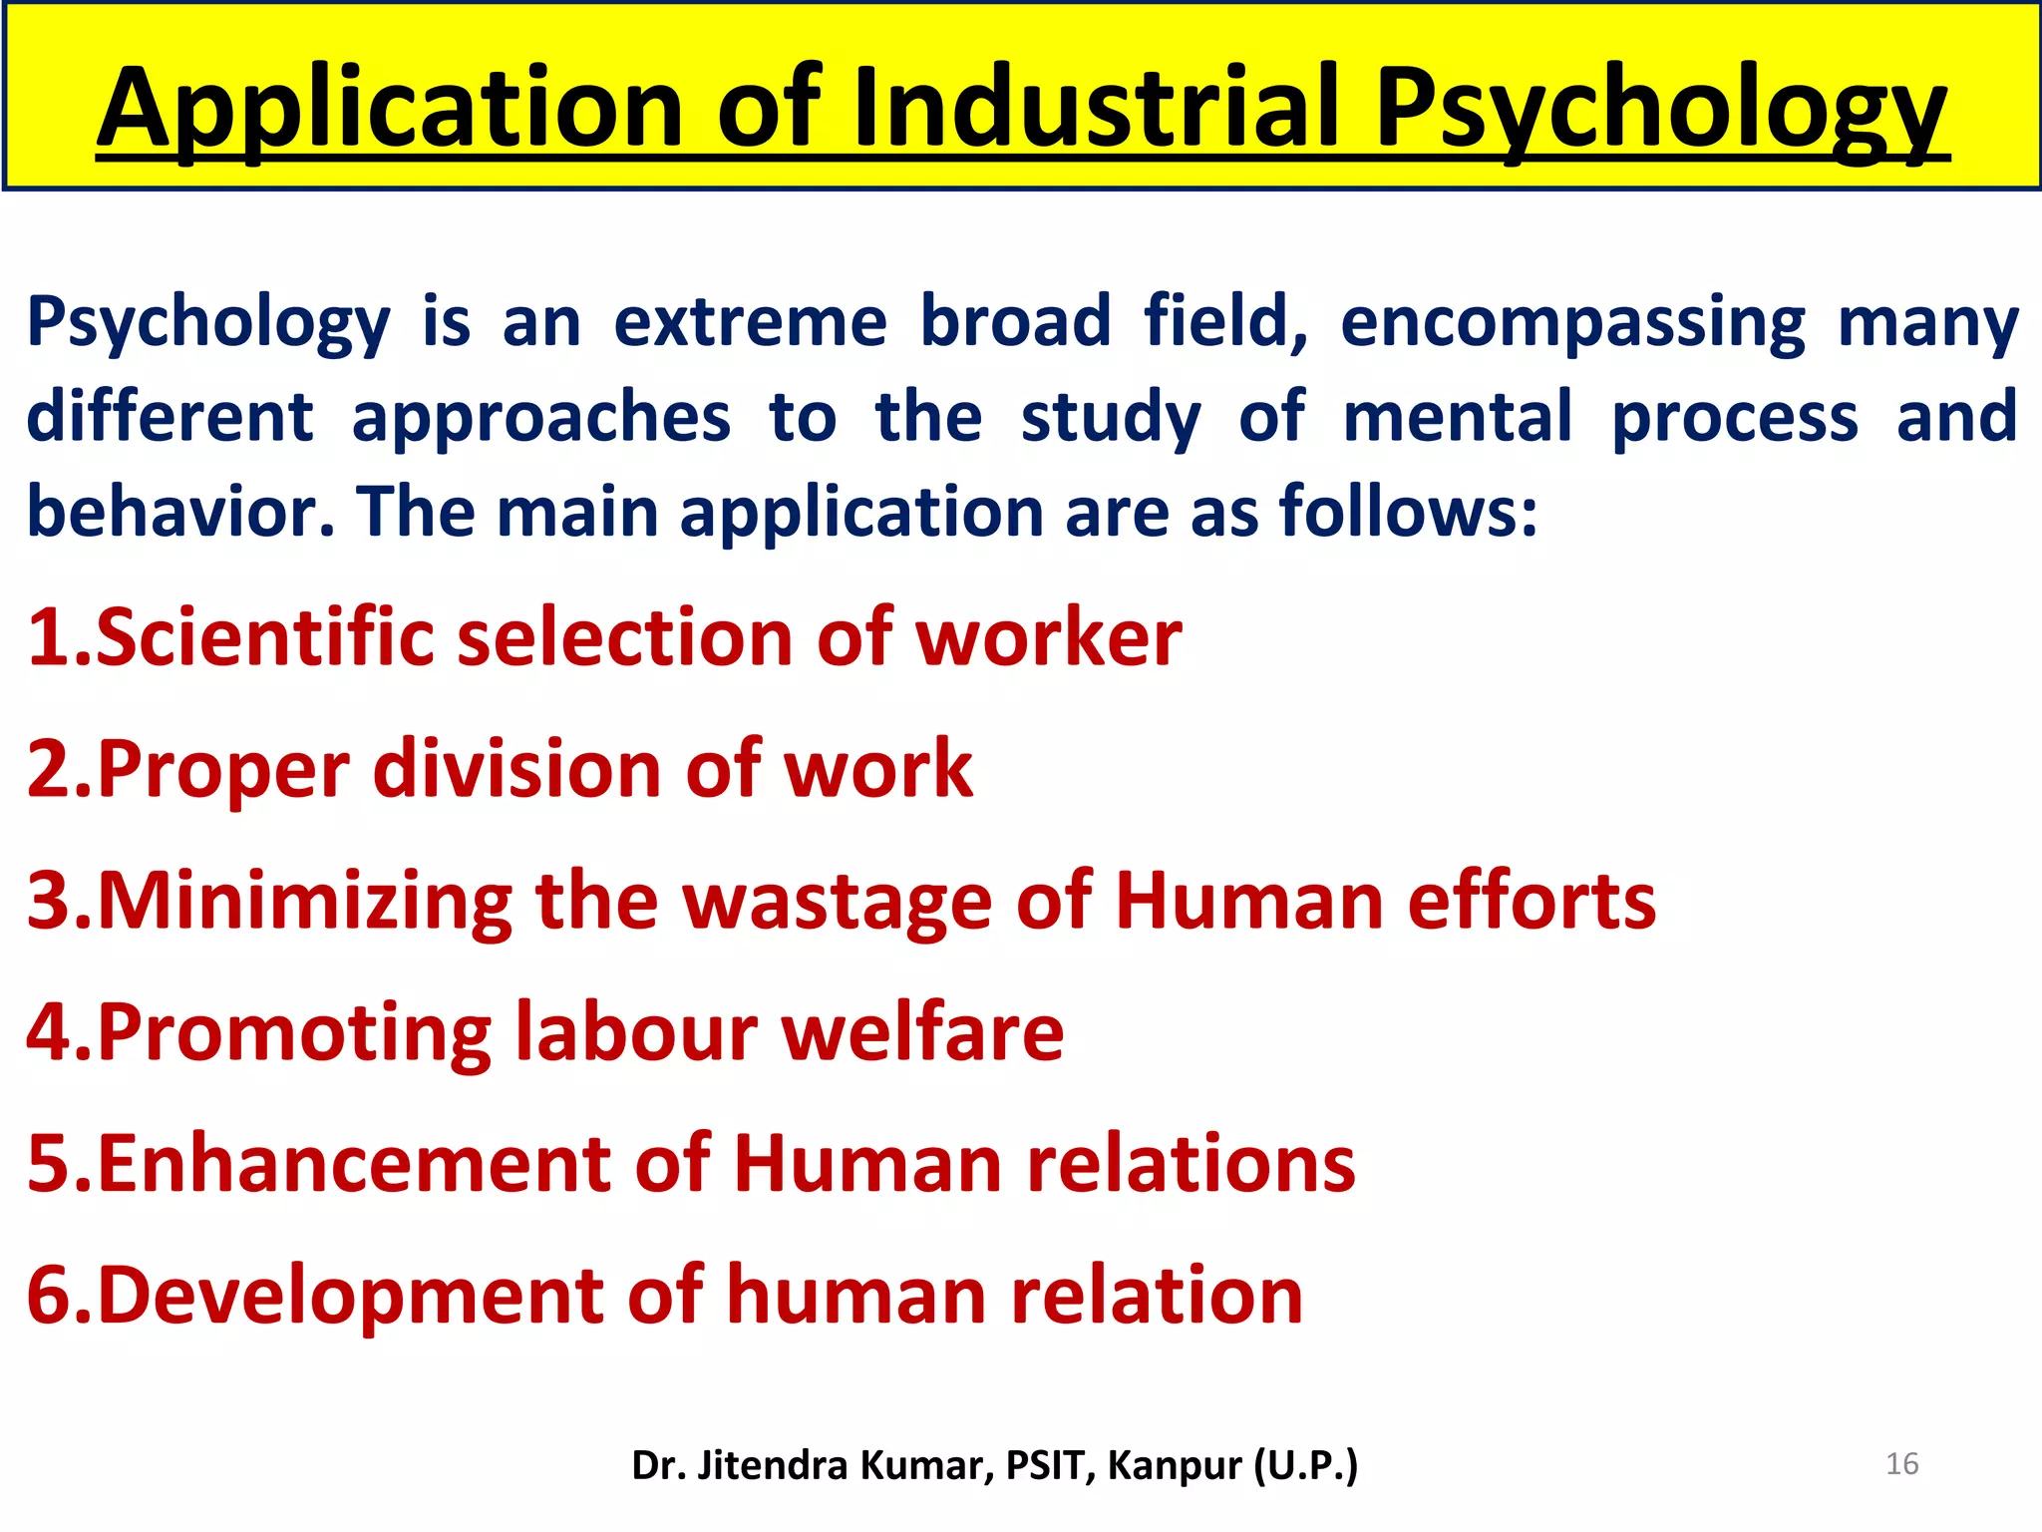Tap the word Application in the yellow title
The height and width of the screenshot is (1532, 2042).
pos(390,108)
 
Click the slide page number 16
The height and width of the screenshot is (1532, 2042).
pos(1902,1463)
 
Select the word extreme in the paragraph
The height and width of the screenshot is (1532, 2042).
pos(750,321)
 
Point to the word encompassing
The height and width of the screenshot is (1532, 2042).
pos(1572,321)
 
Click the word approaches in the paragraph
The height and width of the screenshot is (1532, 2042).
pos(541,417)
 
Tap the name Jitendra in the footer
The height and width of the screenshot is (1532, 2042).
pos(773,1465)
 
